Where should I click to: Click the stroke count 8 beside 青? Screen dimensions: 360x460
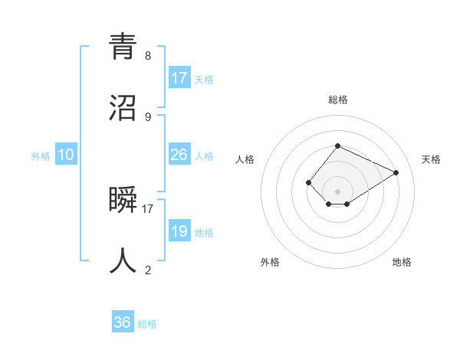[148, 56]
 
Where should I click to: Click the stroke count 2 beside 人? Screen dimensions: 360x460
[148, 270]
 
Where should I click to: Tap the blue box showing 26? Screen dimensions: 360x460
[179, 155]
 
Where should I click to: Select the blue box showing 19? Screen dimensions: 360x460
[179, 231]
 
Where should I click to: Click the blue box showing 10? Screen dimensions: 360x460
[66, 155]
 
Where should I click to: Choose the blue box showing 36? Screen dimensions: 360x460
[123, 322]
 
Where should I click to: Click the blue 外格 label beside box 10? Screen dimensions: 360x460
[41, 156]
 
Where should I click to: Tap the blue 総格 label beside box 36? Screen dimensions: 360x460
[147, 324]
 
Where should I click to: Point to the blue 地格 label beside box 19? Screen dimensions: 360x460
[204, 233]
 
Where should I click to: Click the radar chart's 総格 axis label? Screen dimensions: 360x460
[338, 100]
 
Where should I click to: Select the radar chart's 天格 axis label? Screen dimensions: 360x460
[432, 159]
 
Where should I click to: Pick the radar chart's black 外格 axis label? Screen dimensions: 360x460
[270, 262]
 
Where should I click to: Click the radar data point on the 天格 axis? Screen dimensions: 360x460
[396, 172]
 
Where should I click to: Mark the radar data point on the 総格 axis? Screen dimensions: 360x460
[338, 146]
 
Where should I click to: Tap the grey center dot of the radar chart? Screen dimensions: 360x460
[338, 191]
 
